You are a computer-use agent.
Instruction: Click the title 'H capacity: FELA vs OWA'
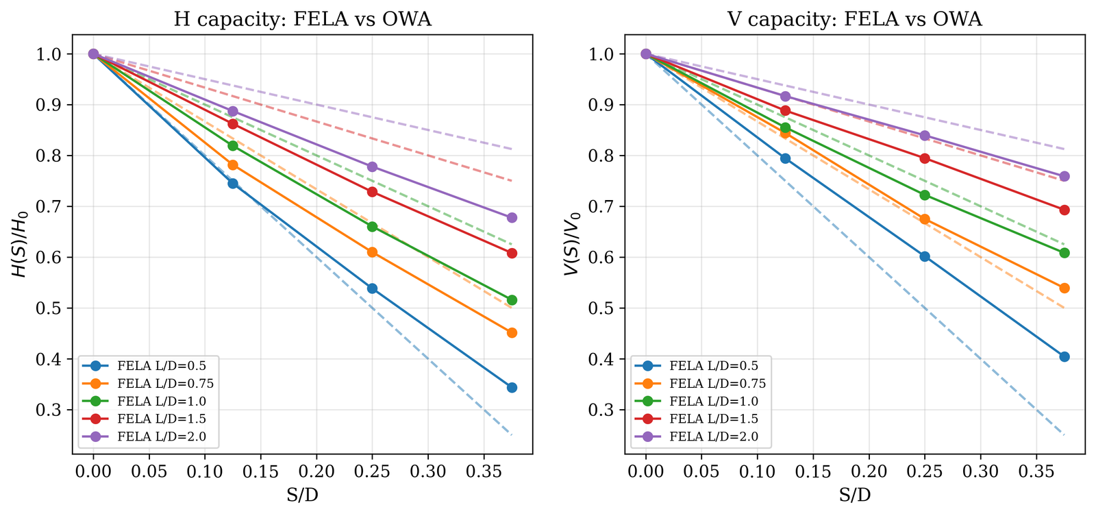point(303,19)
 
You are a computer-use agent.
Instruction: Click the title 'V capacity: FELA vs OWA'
point(855,19)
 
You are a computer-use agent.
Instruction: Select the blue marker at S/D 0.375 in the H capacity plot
point(512,388)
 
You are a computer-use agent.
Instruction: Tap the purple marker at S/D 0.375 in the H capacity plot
point(512,218)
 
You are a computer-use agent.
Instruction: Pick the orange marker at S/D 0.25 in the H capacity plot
point(372,252)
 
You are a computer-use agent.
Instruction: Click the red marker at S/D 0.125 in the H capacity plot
point(233,124)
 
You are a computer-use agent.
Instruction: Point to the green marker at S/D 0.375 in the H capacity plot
point(512,300)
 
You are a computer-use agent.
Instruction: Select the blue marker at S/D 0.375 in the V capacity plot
point(1064,357)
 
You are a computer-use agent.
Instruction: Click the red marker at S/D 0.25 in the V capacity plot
point(925,158)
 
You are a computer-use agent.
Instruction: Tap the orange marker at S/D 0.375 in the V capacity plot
point(1064,288)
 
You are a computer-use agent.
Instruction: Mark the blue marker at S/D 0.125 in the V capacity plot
point(785,158)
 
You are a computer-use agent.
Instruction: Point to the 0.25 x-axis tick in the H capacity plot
point(372,472)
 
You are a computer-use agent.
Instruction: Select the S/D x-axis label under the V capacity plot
point(855,495)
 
